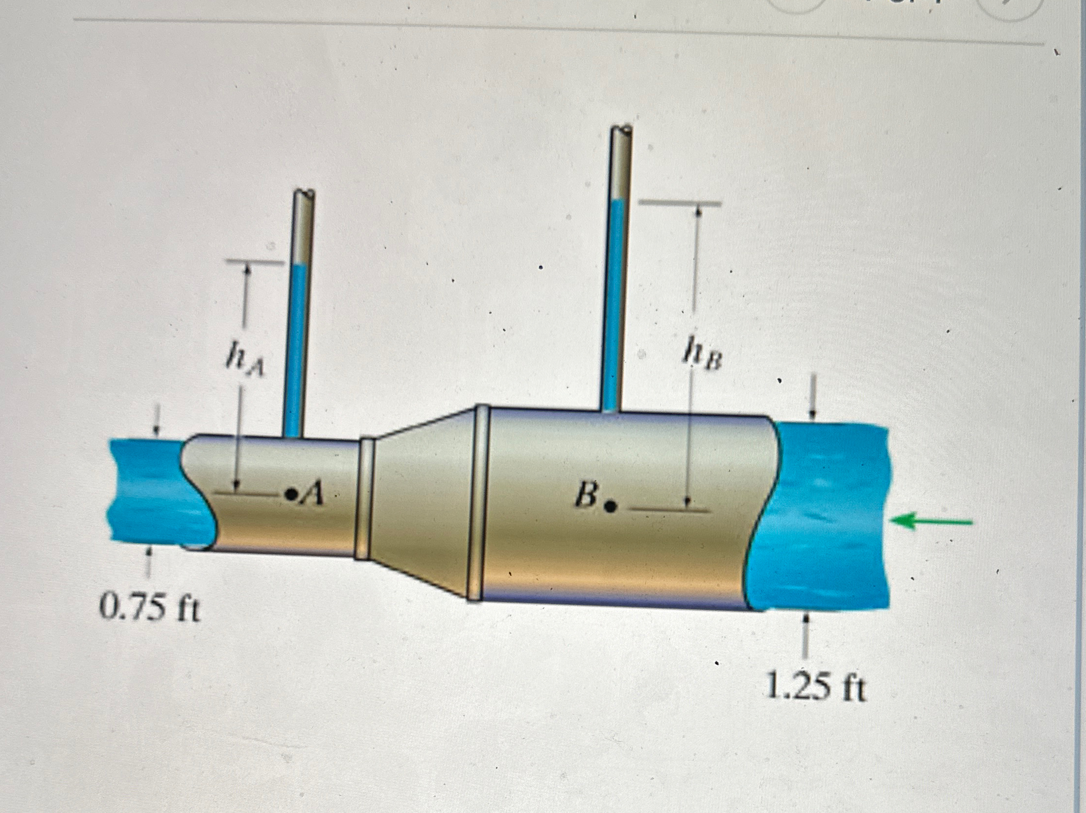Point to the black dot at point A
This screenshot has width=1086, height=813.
293,493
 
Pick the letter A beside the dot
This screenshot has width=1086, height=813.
313,492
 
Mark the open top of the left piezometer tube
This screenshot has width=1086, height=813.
304,194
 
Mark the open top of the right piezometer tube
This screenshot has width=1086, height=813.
621,131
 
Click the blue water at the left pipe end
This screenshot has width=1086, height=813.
147,491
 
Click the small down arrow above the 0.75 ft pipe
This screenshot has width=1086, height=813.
157,428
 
